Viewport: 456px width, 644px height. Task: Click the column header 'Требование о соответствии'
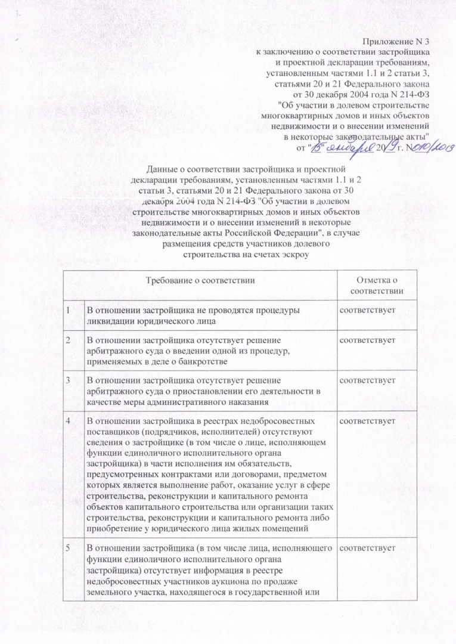[x=201, y=280]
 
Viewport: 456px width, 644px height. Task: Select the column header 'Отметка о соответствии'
[x=376, y=285]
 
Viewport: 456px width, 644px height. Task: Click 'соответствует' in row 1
[x=368, y=309]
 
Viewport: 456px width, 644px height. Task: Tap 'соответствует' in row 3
[x=368, y=379]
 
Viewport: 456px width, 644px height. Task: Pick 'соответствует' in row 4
[x=368, y=422]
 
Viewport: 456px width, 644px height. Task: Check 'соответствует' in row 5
[x=368, y=547]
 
